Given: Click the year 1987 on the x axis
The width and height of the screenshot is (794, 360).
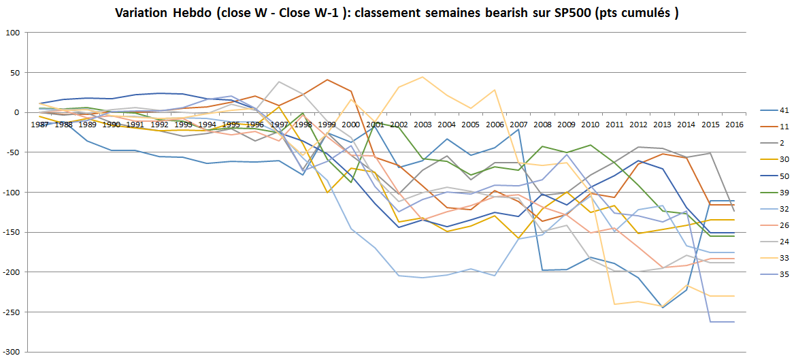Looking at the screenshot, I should click(x=39, y=125).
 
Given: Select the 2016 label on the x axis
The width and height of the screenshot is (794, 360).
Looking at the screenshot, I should click(x=733, y=125).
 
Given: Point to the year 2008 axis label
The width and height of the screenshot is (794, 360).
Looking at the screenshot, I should click(x=542, y=125).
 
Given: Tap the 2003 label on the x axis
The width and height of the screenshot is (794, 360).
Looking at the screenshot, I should click(x=422, y=125).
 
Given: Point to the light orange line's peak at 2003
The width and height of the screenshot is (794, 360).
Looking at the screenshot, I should click(x=422, y=77).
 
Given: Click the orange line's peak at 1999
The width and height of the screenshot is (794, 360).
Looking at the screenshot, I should click(x=327, y=80).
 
